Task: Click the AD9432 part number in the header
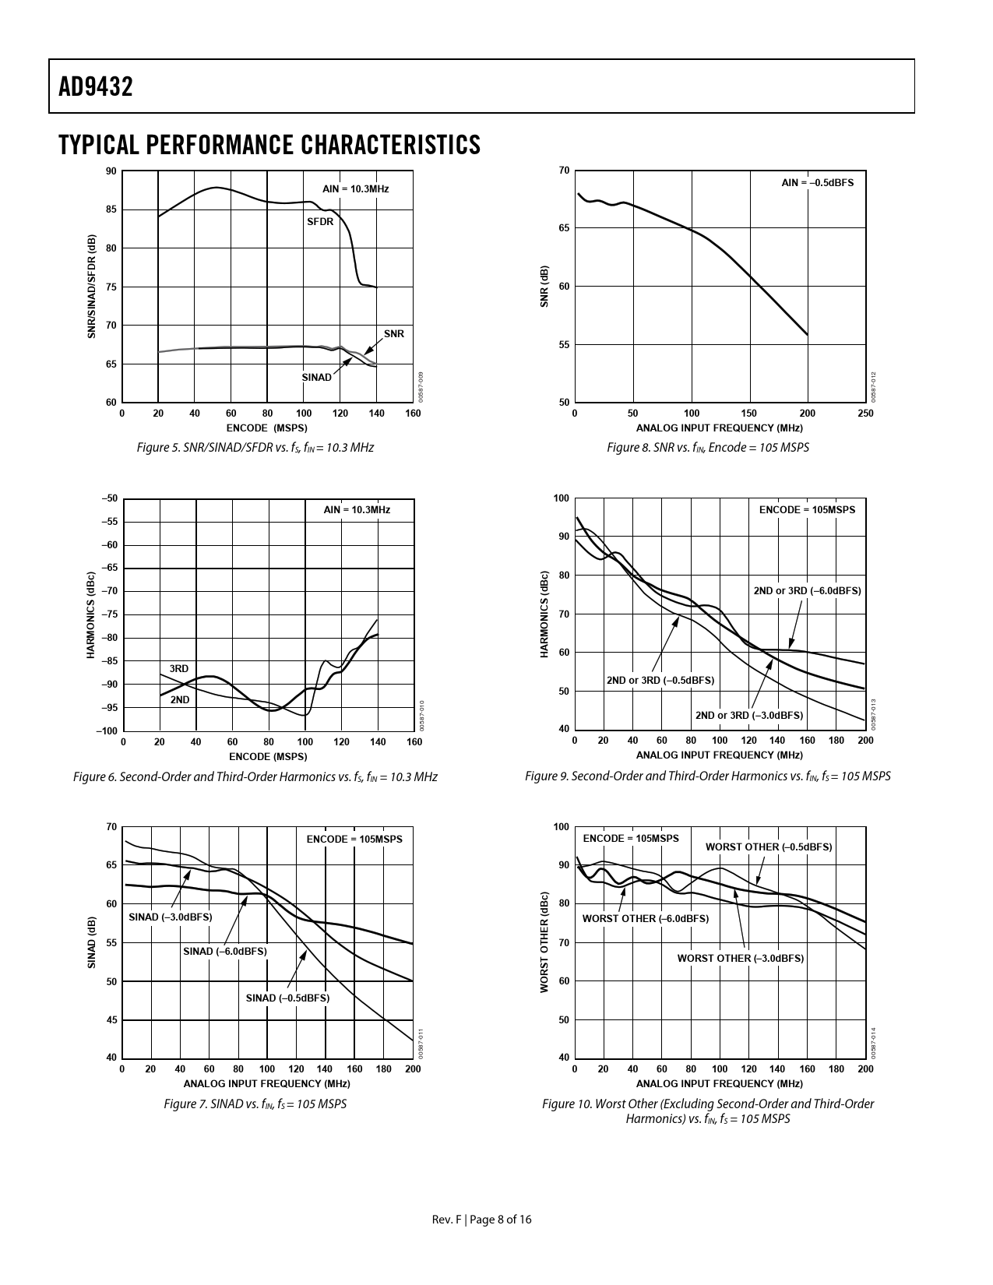click(96, 86)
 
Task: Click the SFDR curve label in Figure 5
click(320, 222)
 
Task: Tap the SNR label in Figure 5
click(394, 334)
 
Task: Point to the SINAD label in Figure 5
click(316, 378)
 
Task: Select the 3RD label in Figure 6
click(179, 669)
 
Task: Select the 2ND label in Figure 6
click(180, 700)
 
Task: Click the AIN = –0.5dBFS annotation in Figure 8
click(817, 182)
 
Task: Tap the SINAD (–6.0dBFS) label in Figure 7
click(224, 952)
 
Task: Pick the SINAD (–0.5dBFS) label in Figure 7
click(287, 998)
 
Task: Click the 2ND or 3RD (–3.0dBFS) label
click(748, 716)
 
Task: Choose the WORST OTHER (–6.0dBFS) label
click(646, 919)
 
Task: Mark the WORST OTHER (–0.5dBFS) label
click(768, 847)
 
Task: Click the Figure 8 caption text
click(708, 448)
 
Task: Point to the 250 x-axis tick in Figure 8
click(865, 414)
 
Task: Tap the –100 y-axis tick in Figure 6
click(107, 731)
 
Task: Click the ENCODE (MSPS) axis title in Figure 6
click(268, 756)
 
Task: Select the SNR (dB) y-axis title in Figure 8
click(544, 286)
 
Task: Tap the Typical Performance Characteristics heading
click(269, 145)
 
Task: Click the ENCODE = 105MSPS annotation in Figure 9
click(807, 510)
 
